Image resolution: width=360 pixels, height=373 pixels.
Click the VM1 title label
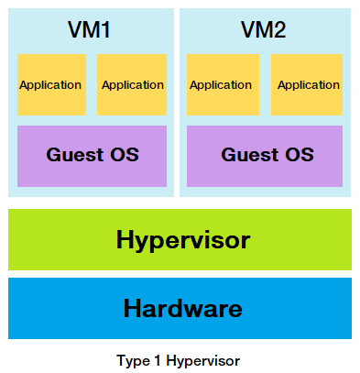[90, 29]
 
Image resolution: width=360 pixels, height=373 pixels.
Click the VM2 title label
[263, 29]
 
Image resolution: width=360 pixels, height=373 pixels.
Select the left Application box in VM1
[51, 84]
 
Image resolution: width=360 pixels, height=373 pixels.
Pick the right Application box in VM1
[132, 84]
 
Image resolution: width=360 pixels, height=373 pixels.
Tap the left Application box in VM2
[220, 84]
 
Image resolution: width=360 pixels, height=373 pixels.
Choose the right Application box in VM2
[308, 84]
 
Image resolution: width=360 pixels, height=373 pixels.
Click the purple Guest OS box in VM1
[92, 155]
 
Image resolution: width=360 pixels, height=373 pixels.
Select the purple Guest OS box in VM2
[265, 155]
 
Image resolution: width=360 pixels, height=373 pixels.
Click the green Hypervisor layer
[180, 240]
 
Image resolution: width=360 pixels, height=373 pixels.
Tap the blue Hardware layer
[180, 308]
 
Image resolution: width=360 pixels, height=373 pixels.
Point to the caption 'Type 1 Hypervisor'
[179, 360]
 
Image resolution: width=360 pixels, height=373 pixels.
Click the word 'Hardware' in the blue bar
[182, 308]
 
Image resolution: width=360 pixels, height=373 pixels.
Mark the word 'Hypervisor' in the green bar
[182, 240]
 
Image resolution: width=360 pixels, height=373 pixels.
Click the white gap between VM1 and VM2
[177, 101]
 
